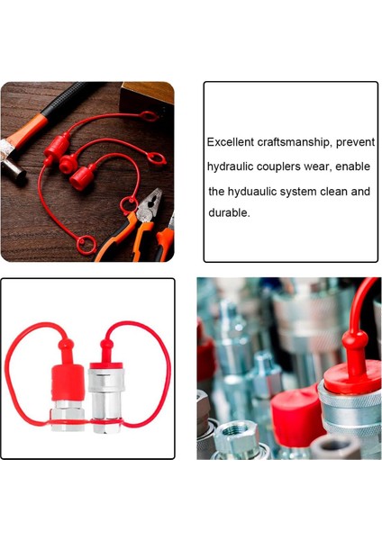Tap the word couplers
click(289, 167)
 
